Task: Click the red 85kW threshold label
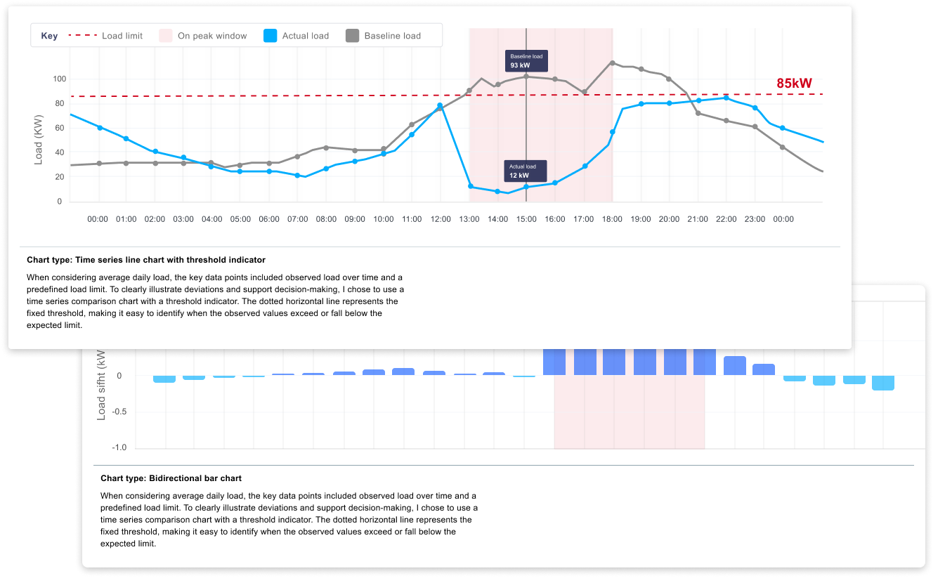point(794,84)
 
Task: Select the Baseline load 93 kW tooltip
point(526,61)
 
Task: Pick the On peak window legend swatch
point(166,36)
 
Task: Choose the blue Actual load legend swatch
point(270,36)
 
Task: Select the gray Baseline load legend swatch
point(353,36)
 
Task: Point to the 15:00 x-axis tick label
point(526,219)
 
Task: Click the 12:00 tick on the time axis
point(441,219)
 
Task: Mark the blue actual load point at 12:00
point(440,106)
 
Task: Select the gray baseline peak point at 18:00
point(612,63)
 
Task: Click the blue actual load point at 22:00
point(726,98)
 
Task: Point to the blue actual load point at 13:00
point(470,186)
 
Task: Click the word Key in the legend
point(49,36)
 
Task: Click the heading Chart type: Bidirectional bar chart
point(171,478)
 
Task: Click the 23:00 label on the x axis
point(755,219)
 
